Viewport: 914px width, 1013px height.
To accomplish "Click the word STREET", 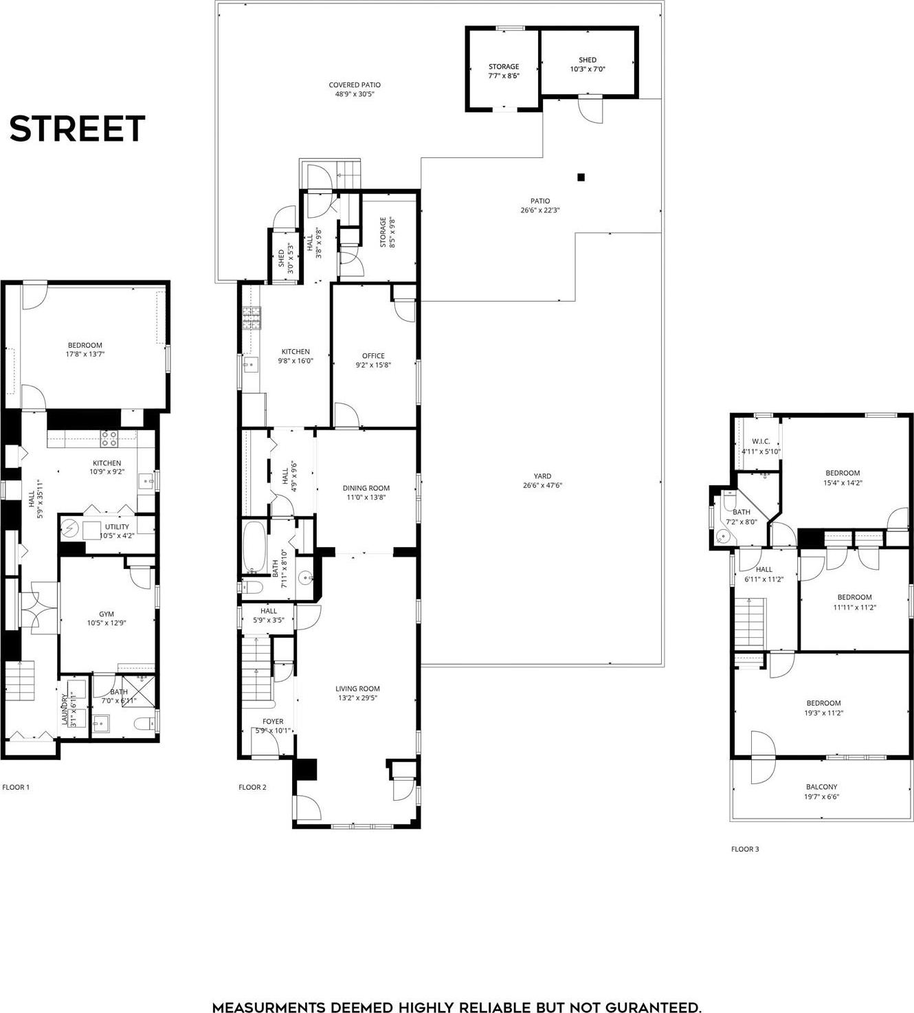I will pos(77,129).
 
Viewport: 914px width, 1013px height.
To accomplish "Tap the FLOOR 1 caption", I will pos(16,787).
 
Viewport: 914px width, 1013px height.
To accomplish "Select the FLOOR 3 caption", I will pos(745,849).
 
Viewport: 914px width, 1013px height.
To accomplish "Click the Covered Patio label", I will pos(355,85).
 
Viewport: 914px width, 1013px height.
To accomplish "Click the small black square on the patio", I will pos(581,177).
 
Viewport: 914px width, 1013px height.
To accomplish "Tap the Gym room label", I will pos(107,614).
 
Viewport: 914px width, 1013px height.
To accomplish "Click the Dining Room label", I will pos(366,488).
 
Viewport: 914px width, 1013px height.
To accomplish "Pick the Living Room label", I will pos(357,688).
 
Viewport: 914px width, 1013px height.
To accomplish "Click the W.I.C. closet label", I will pos(760,441).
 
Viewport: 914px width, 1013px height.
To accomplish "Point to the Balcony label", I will pos(821,787).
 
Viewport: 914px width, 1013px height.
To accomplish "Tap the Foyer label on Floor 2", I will pos(273,722).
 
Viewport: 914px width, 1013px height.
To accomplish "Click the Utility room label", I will pos(117,527).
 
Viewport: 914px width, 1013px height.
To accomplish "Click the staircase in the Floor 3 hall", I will pos(750,621).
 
